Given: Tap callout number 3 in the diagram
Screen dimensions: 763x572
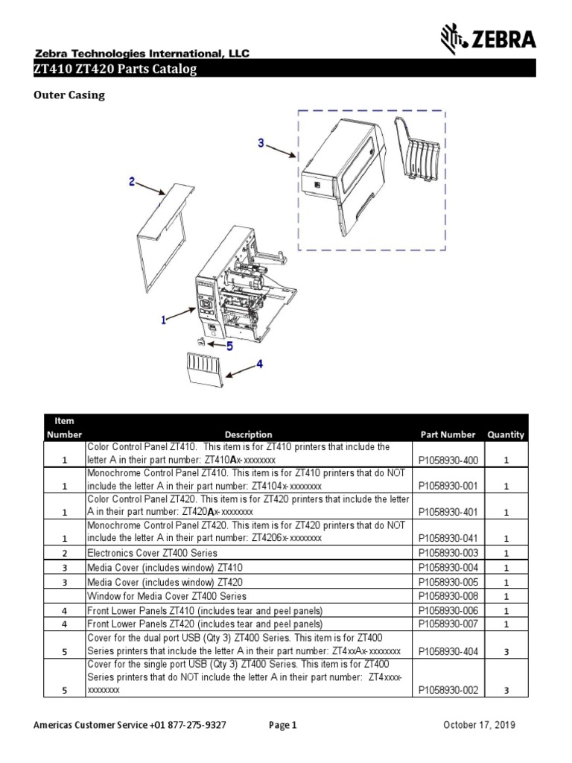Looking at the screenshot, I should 261,142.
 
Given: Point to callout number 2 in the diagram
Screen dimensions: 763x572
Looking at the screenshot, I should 131,181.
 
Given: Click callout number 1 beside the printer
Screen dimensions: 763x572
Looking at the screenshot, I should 163,320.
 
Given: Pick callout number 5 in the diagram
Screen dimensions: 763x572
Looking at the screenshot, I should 229,346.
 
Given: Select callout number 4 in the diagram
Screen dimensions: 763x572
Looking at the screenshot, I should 259,364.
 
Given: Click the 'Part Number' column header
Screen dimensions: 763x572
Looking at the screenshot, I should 448,434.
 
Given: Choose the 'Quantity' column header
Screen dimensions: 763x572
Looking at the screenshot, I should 506,434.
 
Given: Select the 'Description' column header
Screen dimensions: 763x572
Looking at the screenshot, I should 248,434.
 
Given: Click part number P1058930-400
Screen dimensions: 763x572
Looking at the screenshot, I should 448,460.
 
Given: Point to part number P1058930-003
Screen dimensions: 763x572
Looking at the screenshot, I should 448,553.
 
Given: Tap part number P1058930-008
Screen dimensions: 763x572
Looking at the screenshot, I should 448,596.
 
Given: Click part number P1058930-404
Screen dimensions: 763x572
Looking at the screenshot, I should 448,650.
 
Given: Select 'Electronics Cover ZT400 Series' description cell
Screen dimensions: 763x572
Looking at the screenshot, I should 153,553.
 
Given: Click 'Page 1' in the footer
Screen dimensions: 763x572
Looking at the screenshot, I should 282,725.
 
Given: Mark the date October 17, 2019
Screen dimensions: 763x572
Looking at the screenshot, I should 479,725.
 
